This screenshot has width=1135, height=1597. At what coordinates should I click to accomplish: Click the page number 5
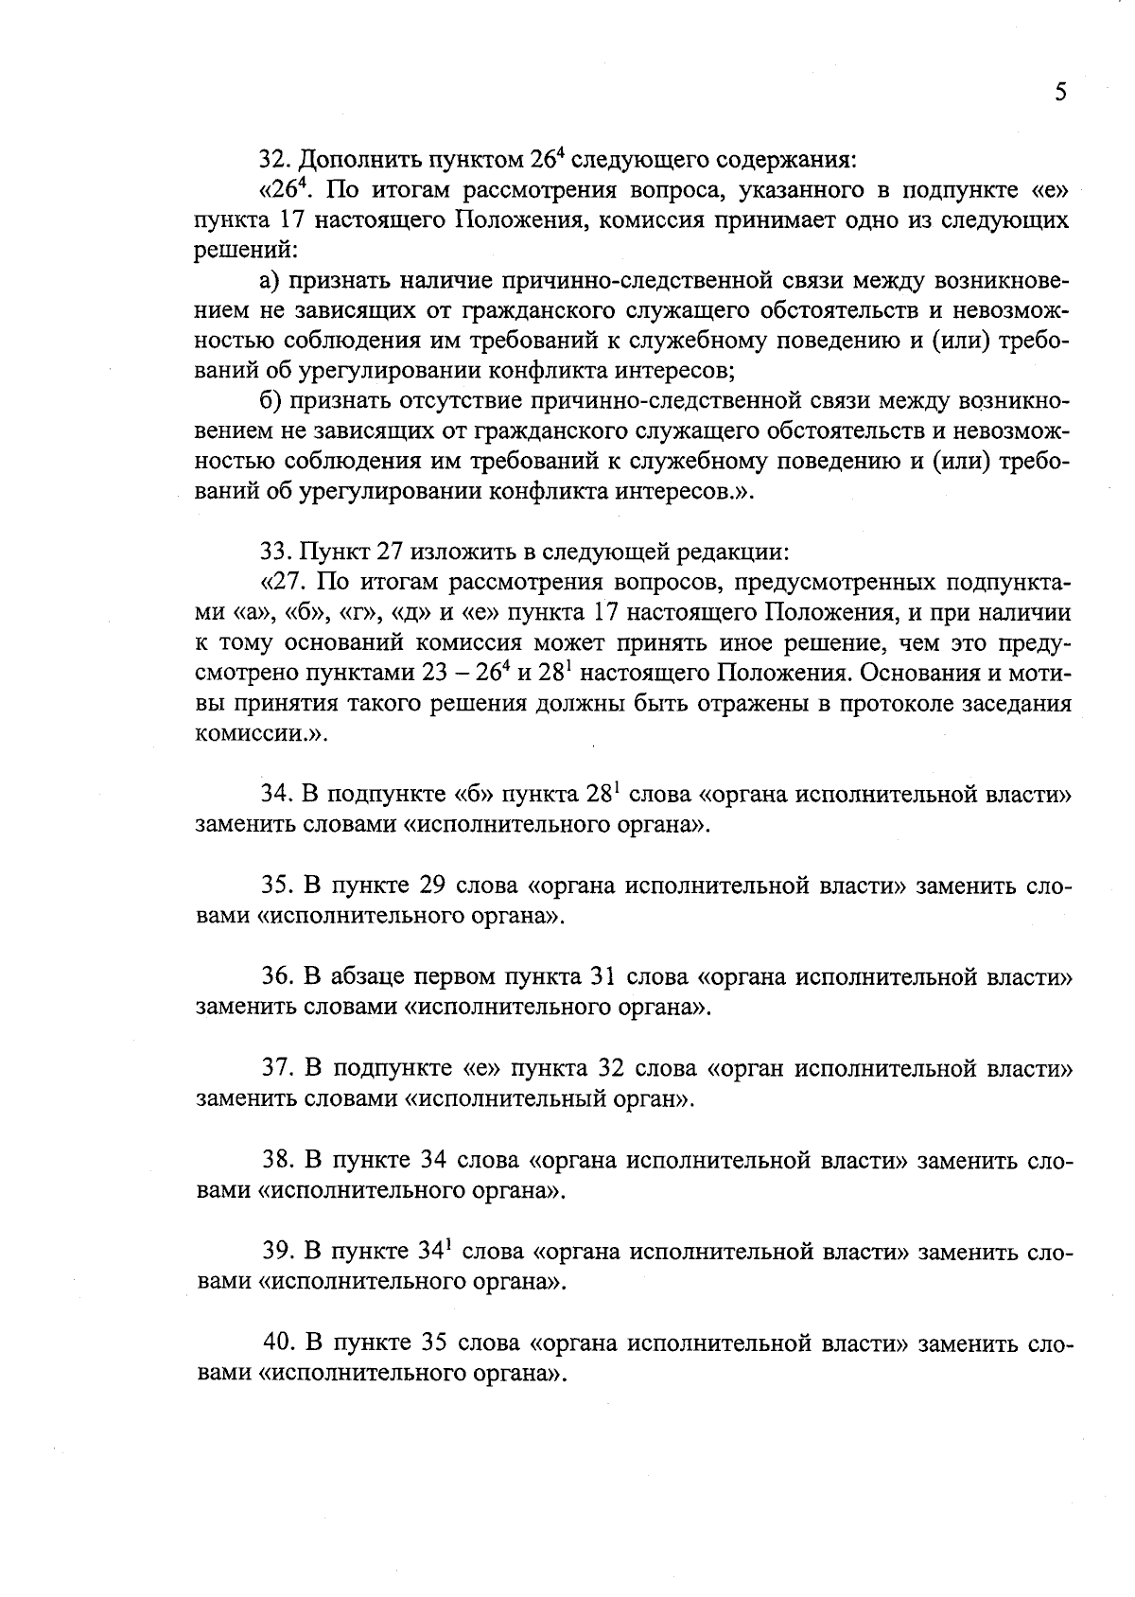pyautogui.click(x=1060, y=92)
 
